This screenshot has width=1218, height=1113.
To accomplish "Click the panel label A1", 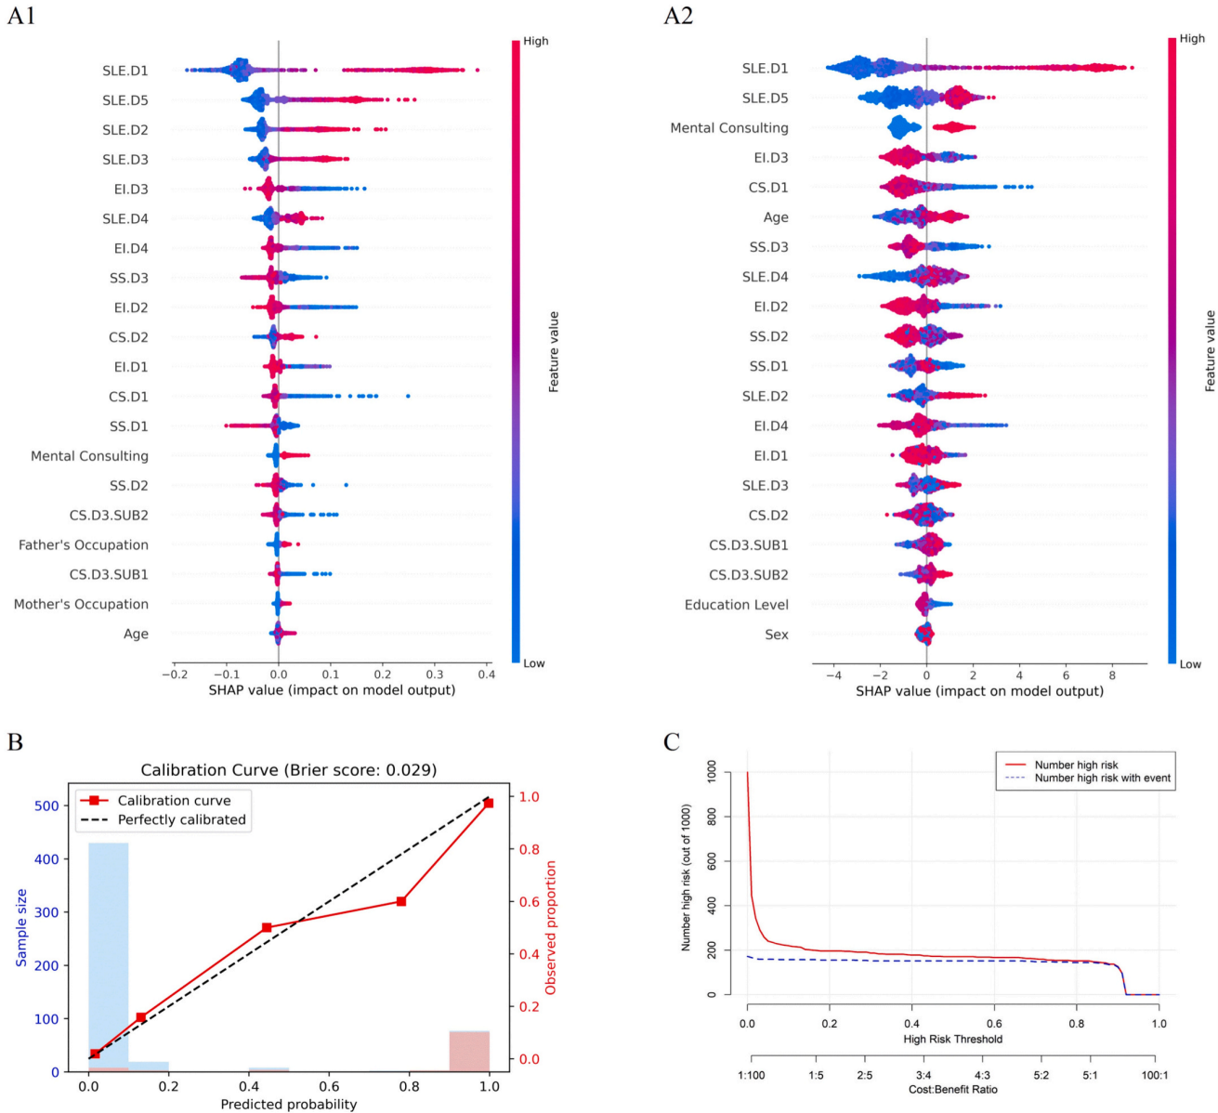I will pos(21,16).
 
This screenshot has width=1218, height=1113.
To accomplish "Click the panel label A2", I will pos(678,16).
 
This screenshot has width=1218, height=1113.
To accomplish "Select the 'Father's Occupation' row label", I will pos(84,545).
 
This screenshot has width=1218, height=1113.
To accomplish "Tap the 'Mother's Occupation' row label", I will pos(81,605).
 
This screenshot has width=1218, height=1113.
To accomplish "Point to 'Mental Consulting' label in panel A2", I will pos(729,128).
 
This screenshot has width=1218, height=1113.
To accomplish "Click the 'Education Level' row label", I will pos(737,605).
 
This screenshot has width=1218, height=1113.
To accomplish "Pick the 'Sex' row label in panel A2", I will pos(777,635).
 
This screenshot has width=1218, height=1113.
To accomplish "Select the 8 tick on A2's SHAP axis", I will pos(1113,674).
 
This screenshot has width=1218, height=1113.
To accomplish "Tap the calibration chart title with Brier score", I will pos(288,770).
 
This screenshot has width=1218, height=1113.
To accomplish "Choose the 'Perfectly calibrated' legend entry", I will pos(182,819).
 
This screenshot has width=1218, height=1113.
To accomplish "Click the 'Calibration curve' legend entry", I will pos(175,801).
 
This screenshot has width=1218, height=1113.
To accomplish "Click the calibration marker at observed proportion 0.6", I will pos(401,901).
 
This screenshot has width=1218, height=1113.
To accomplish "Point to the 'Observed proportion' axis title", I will pos(551,927).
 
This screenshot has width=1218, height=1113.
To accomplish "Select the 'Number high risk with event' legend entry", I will pos(1103,779).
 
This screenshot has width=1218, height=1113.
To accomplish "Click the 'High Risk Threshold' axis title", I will pos(953,1039).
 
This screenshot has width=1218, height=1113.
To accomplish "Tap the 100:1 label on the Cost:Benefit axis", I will pos(1155,1075).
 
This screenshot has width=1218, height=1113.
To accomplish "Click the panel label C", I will pos(672,741).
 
